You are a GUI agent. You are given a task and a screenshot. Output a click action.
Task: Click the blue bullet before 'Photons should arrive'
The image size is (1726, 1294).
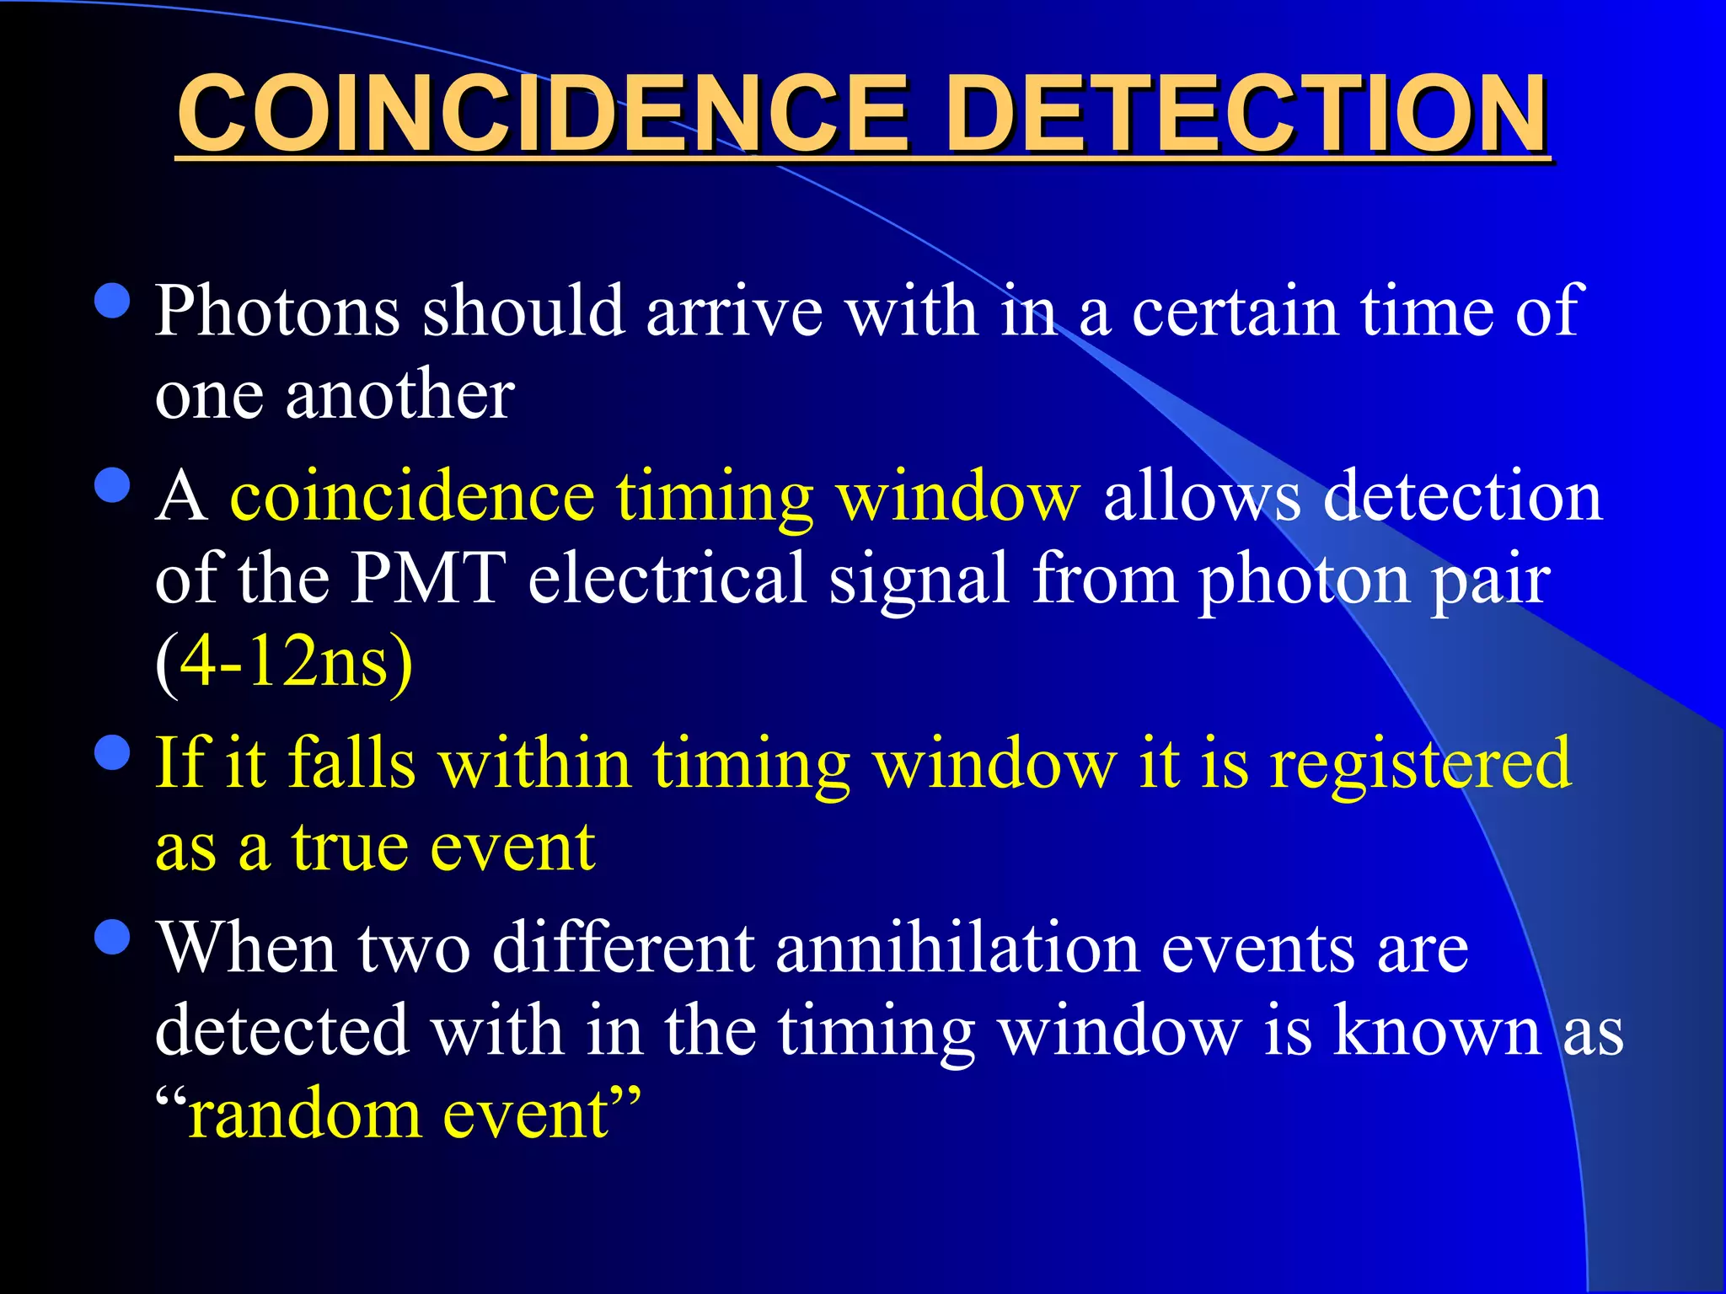point(113,300)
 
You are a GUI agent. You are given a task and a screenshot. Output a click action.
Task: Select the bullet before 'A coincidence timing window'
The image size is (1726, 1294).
point(113,485)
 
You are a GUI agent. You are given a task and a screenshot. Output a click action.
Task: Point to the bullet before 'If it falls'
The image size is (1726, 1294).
point(113,752)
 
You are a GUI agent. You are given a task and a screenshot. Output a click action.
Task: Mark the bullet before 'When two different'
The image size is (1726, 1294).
point(113,936)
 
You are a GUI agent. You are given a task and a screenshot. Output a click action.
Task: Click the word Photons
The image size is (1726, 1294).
point(277,312)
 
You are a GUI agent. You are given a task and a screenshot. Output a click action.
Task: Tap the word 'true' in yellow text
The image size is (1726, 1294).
point(351,846)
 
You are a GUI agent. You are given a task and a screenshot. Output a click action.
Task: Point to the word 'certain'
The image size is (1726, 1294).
point(1235,312)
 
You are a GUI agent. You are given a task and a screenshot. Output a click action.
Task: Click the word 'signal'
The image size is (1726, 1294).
point(919,580)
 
